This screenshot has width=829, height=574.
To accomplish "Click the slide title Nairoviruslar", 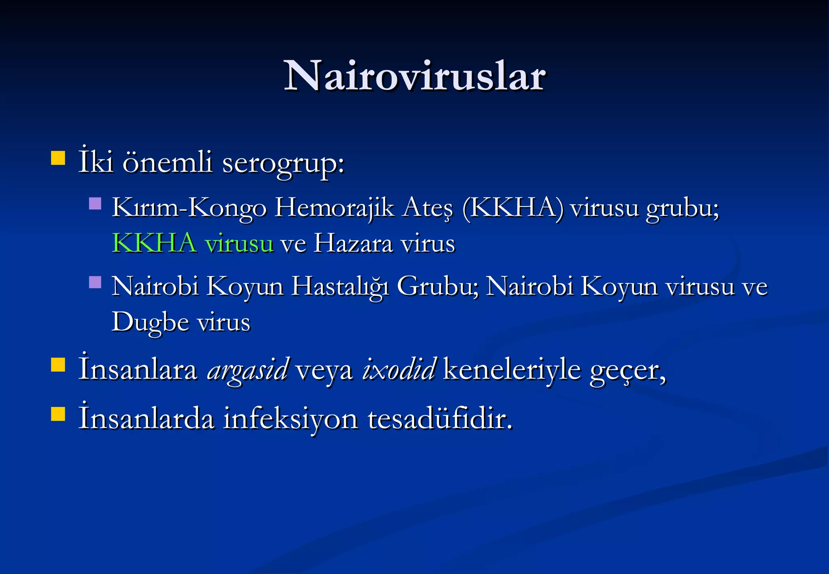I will [x=414, y=76].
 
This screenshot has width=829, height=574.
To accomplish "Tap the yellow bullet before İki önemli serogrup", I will [x=58, y=158].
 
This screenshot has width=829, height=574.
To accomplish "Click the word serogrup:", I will [x=283, y=163].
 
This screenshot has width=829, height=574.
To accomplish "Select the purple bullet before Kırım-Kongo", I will [x=95, y=203].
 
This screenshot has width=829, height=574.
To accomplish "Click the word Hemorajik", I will [x=334, y=208].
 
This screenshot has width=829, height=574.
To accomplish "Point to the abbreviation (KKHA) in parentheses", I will [x=512, y=208].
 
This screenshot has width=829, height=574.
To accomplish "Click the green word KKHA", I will [x=154, y=243].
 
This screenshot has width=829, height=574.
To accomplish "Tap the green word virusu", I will [x=239, y=244].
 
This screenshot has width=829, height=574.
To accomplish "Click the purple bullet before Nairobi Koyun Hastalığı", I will [x=95, y=282].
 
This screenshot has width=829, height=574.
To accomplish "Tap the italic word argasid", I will [x=248, y=370].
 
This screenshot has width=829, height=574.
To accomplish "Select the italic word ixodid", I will [x=399, y=369].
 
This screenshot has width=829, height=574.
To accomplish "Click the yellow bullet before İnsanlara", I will [x=58, y=365].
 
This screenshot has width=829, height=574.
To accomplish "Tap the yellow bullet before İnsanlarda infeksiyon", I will [x=58, y=414].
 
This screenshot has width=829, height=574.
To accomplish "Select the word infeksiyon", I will [x=291, y=419].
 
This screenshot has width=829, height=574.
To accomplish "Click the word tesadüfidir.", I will [x=440, y=419].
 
